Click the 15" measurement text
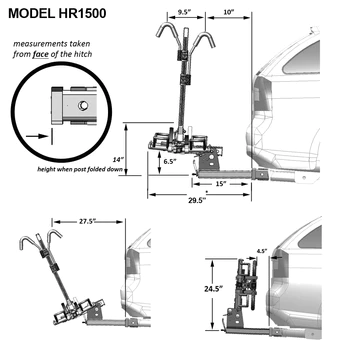coord(217,183)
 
